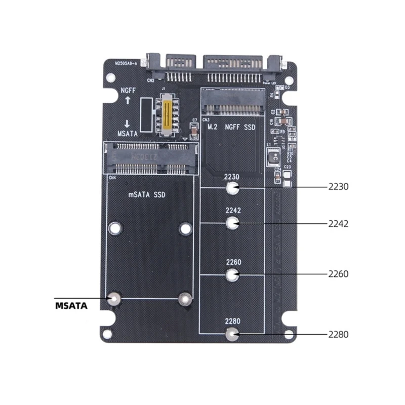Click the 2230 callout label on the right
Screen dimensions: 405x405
coord(339,187)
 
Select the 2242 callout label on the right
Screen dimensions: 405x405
coord(339,223)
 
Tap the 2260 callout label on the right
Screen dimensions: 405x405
coord(339,274)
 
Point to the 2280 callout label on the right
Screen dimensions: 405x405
coord(339,334)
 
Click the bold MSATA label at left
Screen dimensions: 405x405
coord(71,306)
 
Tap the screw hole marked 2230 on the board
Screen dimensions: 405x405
coord(232,189)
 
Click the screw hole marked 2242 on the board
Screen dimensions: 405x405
coord(232,223)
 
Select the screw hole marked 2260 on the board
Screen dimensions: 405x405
coord(232,275)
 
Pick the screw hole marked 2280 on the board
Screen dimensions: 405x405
coord(232,334)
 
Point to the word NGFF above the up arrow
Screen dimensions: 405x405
coord(128,90)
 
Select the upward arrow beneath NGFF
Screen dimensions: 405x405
coord(128,100)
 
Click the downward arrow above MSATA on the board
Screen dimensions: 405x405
coord(128,124)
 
